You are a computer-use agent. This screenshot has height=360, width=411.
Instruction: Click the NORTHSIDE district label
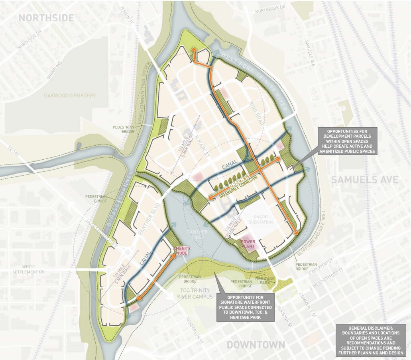pyautogui.click(x=47, y=18)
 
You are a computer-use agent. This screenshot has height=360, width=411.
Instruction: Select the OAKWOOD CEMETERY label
pyautogui.click(x=70, y=96)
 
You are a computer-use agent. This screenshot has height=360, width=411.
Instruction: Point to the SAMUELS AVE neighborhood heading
pyautogui.click(x=365, y=180)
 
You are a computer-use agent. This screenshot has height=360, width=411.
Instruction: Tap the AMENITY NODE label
pyautogui.click(x=180, y=251)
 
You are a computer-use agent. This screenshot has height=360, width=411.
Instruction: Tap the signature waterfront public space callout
pyautogui.click(x=244, y=307)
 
